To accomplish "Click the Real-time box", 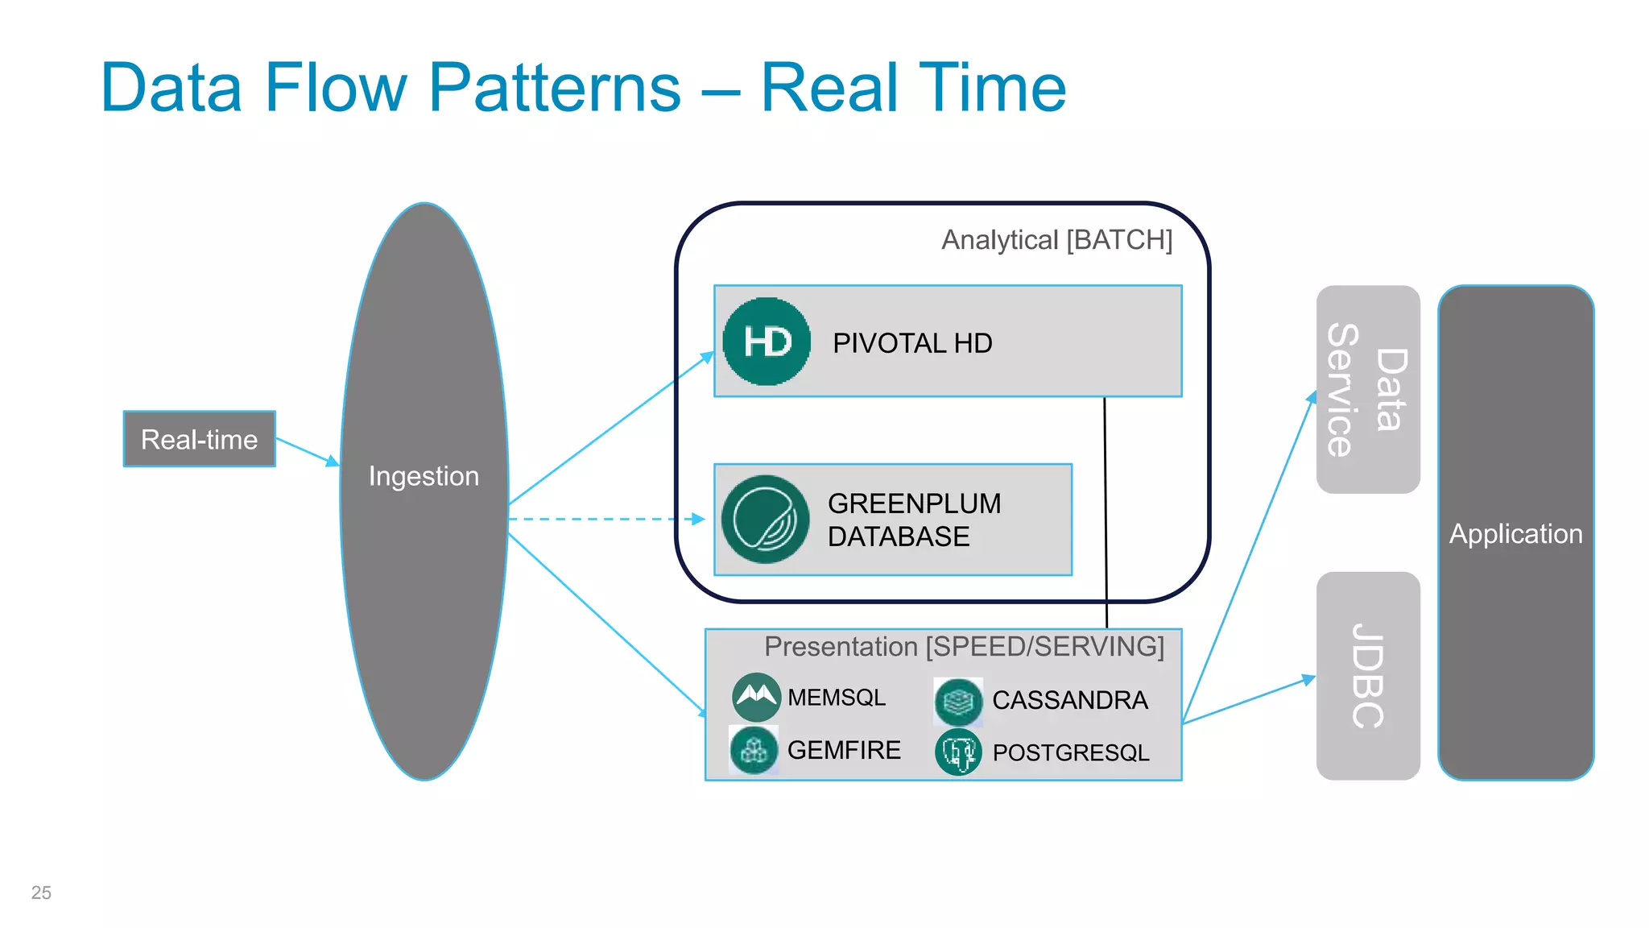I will click(x=199, y=439).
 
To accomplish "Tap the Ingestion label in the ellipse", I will click(x=424, y=476).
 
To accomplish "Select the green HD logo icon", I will click(x=766, y=342).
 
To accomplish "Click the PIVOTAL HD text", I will click(x=912, y=343).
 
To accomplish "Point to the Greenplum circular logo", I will click(x=764, y=520).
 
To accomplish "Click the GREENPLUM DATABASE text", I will click(x=914, y=520).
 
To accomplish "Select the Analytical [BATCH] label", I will click(x=1056, y=240).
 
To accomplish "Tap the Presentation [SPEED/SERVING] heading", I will click(x=964, y=647).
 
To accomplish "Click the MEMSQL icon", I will click(x=755, y=696).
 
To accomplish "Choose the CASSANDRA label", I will click(x=1069, y=700).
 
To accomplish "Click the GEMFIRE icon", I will click(x=754, y=750).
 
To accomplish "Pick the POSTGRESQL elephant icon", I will click(x=958, y=752).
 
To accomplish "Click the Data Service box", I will click(x=1367, y=389).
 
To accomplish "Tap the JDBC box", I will click(x=1367, y=676).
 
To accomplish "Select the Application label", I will click(x=1515, y=534).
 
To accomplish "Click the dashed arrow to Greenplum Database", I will click(x=604, y=520).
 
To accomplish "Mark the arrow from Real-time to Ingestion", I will click(x=307, y=452).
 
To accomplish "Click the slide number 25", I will click(x=41, y=893).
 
